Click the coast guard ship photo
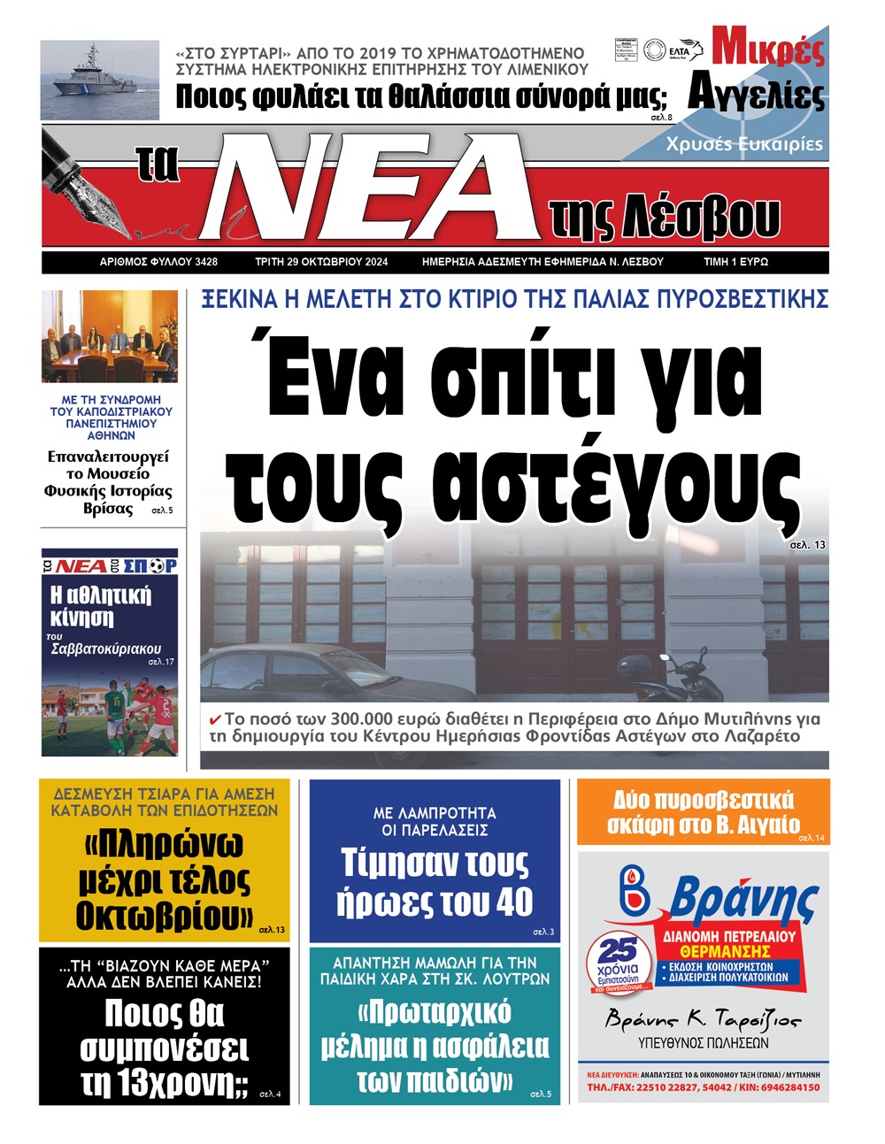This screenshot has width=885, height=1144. (x=99, y=80)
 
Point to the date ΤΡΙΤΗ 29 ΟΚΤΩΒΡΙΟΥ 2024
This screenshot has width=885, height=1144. (x=321, y=262)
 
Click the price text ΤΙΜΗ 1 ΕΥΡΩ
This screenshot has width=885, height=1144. (x=735, y=262)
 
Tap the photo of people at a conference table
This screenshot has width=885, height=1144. (x=109, y=337)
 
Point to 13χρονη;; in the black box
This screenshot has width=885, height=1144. (x=164, y=1083)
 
